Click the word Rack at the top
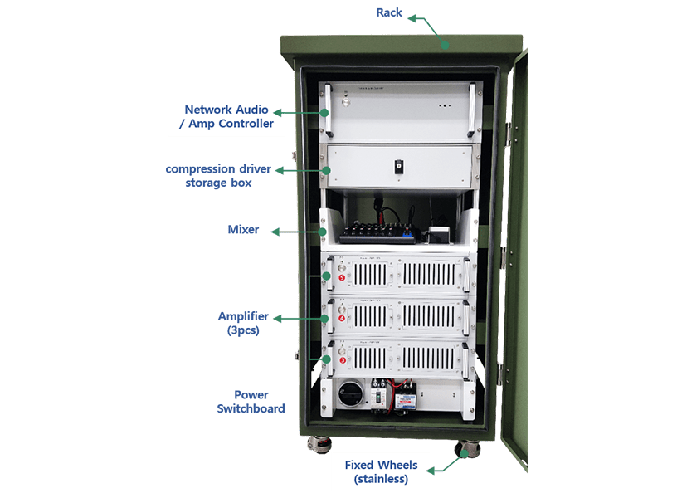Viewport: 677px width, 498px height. [389, 12]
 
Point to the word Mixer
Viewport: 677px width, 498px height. [243, 230]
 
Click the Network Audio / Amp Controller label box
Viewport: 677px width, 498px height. [226, 116]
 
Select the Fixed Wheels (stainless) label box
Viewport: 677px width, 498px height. [381, 471]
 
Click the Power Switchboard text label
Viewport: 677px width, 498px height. [251, 402]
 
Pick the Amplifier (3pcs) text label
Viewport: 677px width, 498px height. [243, 323]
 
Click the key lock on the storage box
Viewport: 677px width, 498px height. [397, 167]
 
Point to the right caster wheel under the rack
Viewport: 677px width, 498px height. [467, 448]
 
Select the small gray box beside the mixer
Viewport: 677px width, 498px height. [437, 236]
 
